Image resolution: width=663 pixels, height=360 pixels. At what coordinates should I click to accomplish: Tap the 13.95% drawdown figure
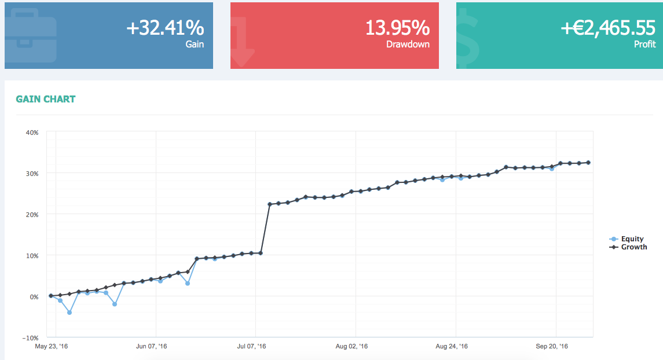click(397, 28)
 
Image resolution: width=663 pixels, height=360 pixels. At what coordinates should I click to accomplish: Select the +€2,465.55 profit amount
click(607, 28)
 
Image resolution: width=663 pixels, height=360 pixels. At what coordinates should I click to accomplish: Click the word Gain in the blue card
click(195, 44)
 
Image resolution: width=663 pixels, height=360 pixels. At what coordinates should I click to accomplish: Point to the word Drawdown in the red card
click(408, 44)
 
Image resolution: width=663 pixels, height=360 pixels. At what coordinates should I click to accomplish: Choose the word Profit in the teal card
click(644, 44)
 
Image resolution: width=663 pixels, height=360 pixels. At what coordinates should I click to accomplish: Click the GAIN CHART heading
click(46, 99)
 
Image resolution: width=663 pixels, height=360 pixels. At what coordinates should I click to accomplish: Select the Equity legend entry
click(632, 238)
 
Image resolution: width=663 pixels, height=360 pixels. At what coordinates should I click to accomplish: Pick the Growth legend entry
click(633, 247)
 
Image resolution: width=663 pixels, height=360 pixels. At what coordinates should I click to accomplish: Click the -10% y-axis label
click(30, 337)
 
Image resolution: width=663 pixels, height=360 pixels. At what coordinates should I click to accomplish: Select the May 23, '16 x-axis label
click(51, 347)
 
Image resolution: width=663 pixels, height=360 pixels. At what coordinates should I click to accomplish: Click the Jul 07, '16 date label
click(251, 347)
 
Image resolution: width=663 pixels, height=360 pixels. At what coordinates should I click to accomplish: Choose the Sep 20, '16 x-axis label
click(552, 347)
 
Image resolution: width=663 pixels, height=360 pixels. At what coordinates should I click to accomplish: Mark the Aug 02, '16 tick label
click(351, 347)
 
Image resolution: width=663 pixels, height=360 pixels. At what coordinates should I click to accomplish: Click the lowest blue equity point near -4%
click(69, 313)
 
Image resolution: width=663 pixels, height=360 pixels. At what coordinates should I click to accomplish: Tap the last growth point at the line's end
click(588, 163)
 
